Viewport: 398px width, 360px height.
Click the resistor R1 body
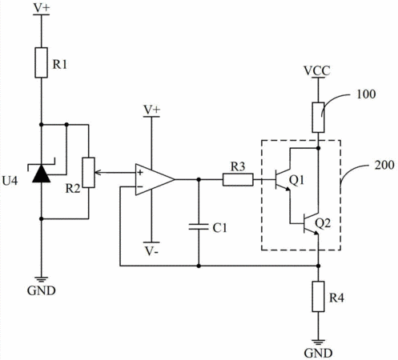(42, 62)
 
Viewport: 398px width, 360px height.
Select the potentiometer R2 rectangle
(88, 173)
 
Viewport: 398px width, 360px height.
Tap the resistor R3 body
(238, 179)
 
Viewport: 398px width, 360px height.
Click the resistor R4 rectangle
(318, 296)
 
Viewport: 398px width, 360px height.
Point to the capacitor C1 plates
(199, 227)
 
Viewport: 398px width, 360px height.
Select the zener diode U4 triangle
(42, 174)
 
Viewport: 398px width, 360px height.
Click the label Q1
(296, 181)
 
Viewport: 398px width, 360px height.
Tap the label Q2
(323, 223)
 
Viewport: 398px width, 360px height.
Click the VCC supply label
(317, 71)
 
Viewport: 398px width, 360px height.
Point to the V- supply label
(151, 251)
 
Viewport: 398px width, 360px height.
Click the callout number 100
(366, 94)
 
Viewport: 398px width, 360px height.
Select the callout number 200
(384, 165)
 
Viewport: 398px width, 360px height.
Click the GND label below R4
(318, 354)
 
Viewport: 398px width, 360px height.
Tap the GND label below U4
(42, 290)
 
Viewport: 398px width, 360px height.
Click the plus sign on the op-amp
(140, 173)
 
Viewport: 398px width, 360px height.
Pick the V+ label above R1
(42, 8)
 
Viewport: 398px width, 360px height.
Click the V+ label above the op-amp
(151, 110)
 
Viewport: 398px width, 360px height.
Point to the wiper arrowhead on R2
(97, 173)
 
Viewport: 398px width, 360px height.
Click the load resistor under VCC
(318, 118)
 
